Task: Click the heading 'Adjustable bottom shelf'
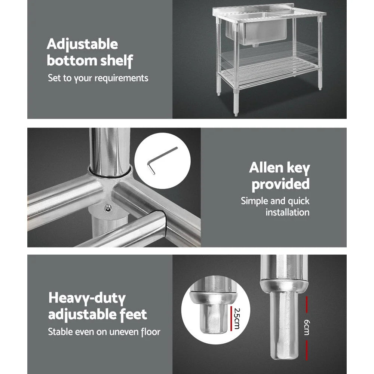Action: (x=89, y=53)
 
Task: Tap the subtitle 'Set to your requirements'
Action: (x=98, y=78)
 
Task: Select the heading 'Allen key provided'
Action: (x=280, y=176)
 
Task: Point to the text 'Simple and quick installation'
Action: (x=275, y=206)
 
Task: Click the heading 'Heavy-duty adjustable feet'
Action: (x=97, y=307)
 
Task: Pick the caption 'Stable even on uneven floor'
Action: (x=104, y=332)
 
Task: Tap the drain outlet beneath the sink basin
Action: (x=255, y=46)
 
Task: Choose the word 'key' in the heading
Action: (x=296, y=168)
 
